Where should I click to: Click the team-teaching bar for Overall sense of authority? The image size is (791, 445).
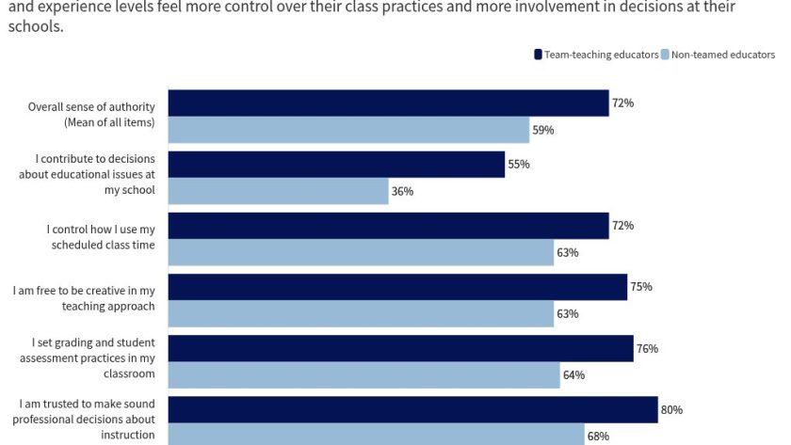(388, 103)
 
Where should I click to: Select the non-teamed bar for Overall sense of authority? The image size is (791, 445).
(348, 130)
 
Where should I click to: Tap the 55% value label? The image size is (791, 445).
(518, 164)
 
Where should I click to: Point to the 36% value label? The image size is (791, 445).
(402, 191)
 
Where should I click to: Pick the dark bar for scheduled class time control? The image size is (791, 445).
(388, 226)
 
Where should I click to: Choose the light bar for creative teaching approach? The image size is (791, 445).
(361, 313)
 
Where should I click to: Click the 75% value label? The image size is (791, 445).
(640, 286)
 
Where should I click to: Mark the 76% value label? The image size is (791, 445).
(647, 348)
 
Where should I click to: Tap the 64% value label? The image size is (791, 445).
(573, 374)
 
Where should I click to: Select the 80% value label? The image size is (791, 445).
(670, 409)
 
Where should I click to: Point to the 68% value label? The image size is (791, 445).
(598, 436)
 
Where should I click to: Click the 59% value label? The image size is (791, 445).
(542, 130)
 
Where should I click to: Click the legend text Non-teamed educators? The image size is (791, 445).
(722, 55)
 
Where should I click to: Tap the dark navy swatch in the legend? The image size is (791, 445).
(538, 55)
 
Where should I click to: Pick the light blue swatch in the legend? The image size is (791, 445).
(665, 55)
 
